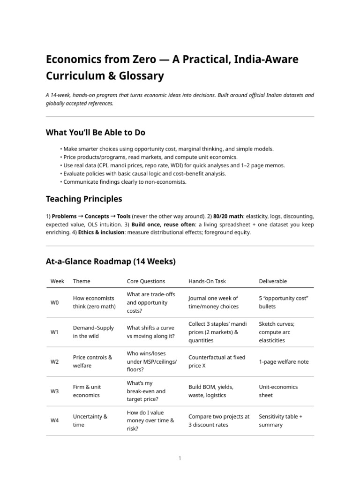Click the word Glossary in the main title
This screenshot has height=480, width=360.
(141, 75)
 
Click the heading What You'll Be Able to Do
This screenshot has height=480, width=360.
(95, 132)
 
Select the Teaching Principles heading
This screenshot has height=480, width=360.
(83, 199)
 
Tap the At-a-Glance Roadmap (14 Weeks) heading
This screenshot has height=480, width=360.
(110, 261)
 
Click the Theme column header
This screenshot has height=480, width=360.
(82, 281)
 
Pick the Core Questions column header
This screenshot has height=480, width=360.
(146, 281)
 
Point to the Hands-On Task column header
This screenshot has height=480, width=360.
(207, 281)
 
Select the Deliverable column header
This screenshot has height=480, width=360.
(273, 281)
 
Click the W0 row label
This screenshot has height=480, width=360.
(55, 303)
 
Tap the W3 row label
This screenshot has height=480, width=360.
(55, 391)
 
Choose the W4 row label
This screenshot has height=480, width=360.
(55, 421)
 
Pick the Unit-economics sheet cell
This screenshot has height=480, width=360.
(278, 391)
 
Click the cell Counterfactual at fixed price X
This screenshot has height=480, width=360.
(217, 361)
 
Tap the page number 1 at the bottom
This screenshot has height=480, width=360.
(180, 458)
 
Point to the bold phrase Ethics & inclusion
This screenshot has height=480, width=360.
(97, 232)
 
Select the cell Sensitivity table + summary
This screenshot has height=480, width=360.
(280, 420)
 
